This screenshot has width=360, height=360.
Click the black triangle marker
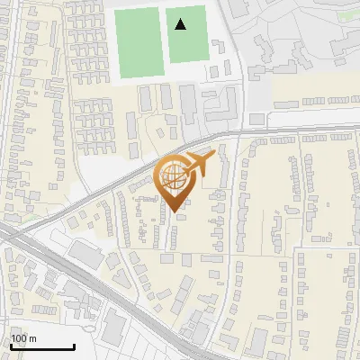pos(181,24)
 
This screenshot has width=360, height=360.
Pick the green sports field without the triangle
pos(138,42)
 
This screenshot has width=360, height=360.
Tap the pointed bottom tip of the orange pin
pos(175,211)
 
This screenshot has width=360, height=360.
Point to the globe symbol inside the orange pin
pos(173,177)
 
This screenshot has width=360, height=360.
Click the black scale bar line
pos(42,347)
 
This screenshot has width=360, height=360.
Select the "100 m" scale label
pos(23,338)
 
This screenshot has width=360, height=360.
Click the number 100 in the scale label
pos(19,338)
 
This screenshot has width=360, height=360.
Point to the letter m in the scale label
pos(32,338)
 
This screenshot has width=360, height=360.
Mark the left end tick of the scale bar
pos(11,345)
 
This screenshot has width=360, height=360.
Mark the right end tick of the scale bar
pos(74,345)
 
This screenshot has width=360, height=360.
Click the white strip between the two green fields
pos(164,40)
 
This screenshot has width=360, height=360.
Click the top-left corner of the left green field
pos(115,9)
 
